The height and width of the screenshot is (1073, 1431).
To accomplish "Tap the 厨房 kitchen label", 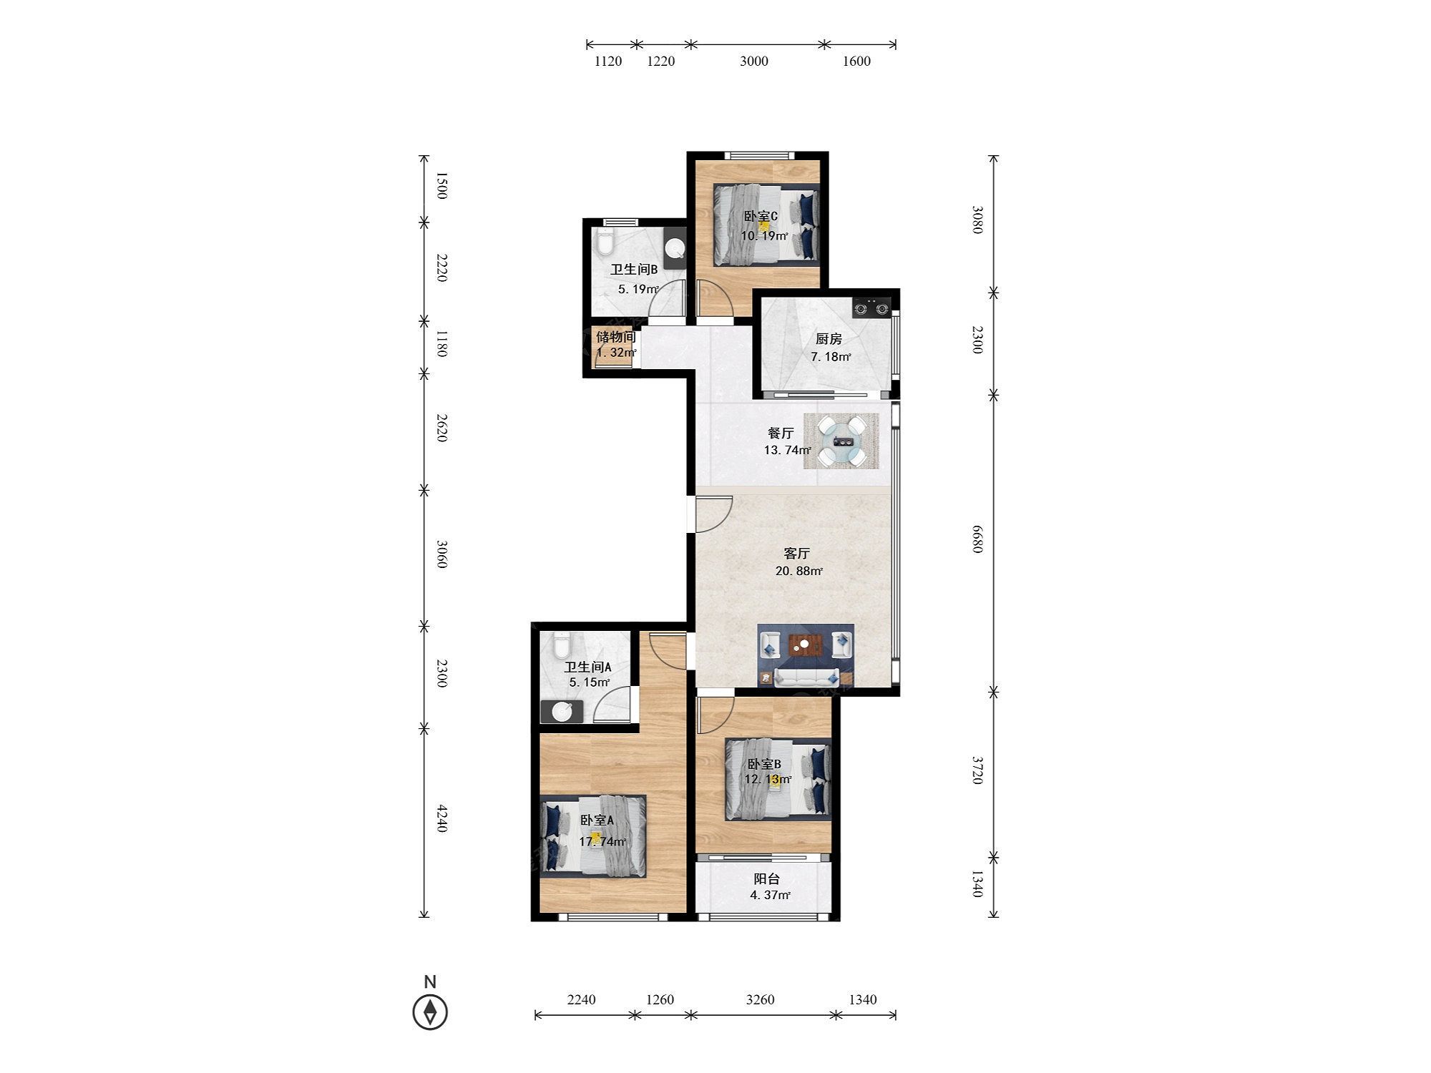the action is coord(829,338).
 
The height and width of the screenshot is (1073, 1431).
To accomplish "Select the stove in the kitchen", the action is coord(871,307).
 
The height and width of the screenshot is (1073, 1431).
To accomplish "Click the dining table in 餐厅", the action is coord(841,441).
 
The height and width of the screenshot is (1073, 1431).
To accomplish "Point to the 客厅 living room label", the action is coord(796,553).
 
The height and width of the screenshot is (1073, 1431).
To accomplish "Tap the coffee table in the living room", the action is coord(805,645).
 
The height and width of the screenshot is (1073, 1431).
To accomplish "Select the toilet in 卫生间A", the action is coord(561,645).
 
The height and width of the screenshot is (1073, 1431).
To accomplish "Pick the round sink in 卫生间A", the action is coord(562,712).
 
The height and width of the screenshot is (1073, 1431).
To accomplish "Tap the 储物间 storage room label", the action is coord(615,336).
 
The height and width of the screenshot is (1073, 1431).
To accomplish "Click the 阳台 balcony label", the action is coord(766,878).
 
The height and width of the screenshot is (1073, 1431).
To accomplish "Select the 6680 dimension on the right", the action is coord(977,538).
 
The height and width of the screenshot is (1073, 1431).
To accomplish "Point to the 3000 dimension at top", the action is coord(754,62).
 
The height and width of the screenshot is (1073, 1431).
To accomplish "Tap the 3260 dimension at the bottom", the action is coord(760,999).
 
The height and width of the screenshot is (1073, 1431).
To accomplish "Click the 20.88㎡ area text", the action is coord(798,571).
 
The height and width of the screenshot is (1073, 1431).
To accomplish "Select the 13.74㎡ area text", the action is coord(788,450).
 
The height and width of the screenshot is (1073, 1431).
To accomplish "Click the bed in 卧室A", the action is coord(593,836).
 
